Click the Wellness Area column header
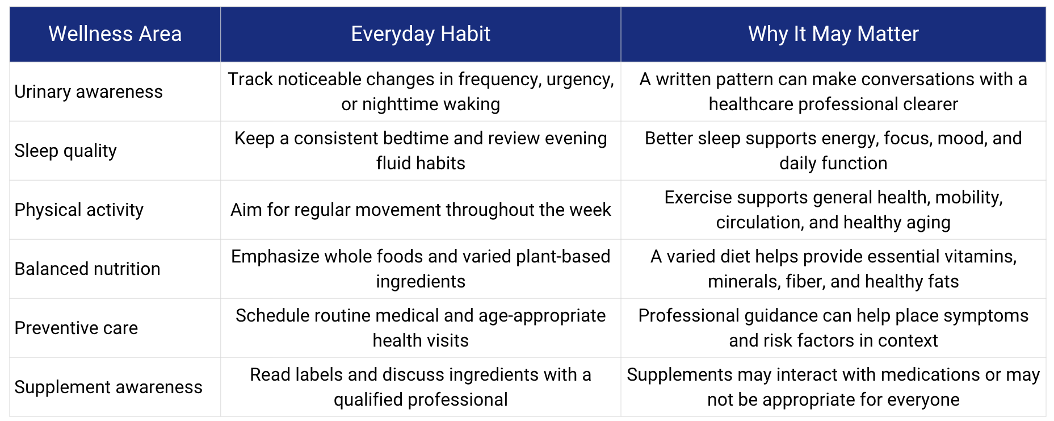tap(115, 34)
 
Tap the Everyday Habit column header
tap(421, 34)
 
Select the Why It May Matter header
tap(833, 34)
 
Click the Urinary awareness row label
tap(89, 91)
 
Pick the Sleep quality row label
tap(66, 151)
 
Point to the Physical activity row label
tap(79, 210)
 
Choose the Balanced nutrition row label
tap(87, 269)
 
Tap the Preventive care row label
tap(76, 328)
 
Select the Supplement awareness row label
tap(108, 387)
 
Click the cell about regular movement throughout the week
tap(421, 210)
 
